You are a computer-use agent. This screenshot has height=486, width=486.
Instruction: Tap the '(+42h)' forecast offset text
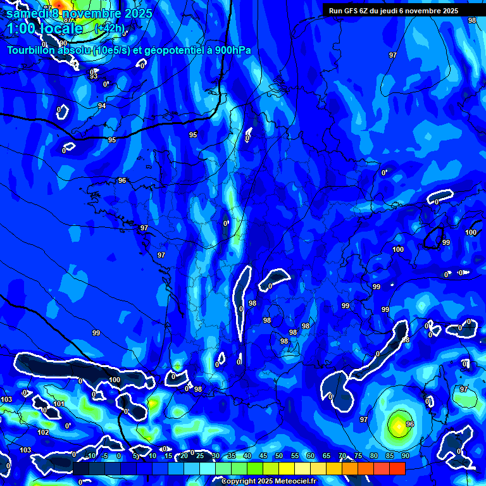pyautogui.click(x=109, y=28)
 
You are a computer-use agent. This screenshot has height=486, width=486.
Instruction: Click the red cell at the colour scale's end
pyautogui.click(x=397, y=468)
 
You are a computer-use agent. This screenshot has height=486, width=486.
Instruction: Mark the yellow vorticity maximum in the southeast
pyautogui.click(x=399, y=425)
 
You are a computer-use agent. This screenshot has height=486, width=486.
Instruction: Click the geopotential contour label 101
pyautogui.click(x=59, y=404)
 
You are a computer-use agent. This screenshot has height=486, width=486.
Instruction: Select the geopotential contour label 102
pyautogui.click(x=43, y=432)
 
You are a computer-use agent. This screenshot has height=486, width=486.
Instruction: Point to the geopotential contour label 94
pyautogui.click(x=102, y=106)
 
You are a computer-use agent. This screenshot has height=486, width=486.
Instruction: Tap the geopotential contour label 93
pyautogui.click(x=94, y=77)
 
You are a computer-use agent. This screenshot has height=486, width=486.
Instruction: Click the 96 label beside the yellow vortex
pyautogui.click(x=410, y=424)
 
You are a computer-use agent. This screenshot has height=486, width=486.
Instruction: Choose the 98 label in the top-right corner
pyautogui.click(x=472, y=20)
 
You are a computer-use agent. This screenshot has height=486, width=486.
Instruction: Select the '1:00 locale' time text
pyautogui.click(x=44, y=28)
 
